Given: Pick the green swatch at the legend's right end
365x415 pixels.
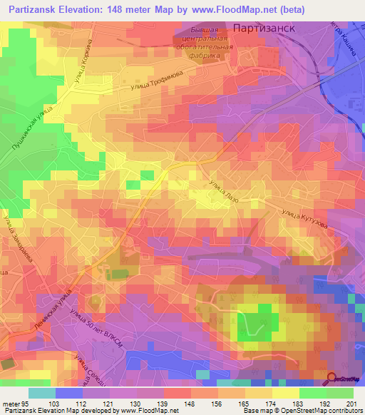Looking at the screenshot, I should pos(340,393).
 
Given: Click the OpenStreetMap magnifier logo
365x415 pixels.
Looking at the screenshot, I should pos(332,378).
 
